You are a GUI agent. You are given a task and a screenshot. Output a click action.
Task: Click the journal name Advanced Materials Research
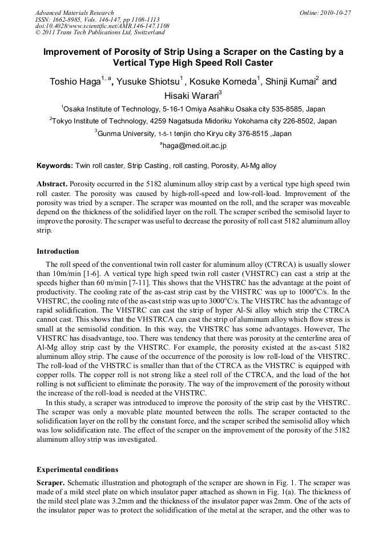74,13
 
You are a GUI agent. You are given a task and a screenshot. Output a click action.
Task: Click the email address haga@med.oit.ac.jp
195,146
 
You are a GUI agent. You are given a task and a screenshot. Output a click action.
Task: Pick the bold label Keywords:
55,166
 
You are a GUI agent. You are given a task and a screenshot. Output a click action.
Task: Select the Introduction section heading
58,251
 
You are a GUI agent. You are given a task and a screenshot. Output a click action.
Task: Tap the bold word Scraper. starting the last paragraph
50,483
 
